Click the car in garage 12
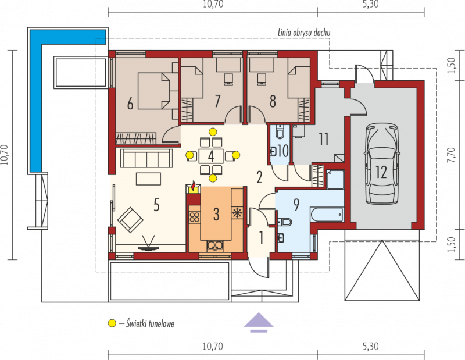381,164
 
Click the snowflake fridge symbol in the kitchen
237,212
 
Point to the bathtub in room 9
327,214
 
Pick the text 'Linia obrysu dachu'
304,33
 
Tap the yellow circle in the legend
112,323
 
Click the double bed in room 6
153,91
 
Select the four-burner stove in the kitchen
194,217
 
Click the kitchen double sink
215,245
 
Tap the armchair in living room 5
130,220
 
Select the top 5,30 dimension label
371,5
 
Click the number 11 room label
324,139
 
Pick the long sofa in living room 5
146,159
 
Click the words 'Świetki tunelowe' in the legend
150,323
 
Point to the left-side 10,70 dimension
5,155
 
